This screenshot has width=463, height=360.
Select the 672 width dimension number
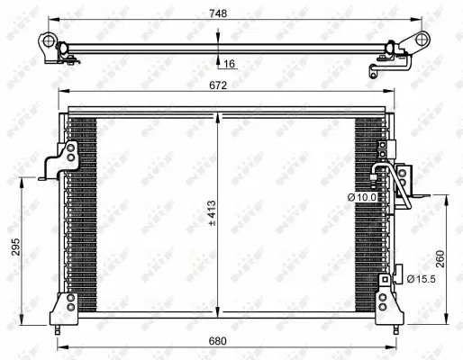tap(218, 85)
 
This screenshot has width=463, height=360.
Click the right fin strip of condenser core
tap(368, 234)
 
